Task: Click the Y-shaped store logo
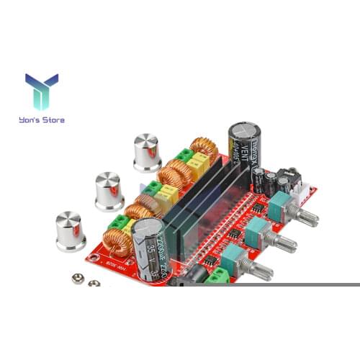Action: [x=41, y=91]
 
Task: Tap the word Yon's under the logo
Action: [x=33, y=120]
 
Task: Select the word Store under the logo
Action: [x=54, y=120]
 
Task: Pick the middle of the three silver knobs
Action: [x=109, y=190]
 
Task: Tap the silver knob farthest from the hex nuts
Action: [x=147, y=152]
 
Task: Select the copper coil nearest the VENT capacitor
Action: [x=204, y=148]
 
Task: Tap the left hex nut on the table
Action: [x=76, y=277]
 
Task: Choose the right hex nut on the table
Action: [x=92, y=282]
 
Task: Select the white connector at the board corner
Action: [x=305, y=192]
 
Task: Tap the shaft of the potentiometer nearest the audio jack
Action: [x=305, y=215]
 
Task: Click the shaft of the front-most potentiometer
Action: [x=259, y=270]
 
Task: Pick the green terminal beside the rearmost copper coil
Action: [x=186, y=155]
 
